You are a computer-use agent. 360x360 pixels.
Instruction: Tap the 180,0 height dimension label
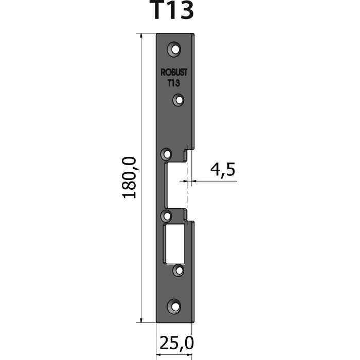(x=129, y=177)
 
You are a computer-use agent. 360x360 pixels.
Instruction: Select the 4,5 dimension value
(x=223, y=170)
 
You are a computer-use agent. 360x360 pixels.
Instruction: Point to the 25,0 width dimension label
(x=176, y=343)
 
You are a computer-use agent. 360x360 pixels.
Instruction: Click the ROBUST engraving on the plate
(x=174, y=73)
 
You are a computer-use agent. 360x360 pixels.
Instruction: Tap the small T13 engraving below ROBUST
(x=174, y=83)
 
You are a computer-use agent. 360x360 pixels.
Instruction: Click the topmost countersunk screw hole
(x=174, y=49)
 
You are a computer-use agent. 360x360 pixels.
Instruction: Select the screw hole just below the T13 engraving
(x=178, y=100)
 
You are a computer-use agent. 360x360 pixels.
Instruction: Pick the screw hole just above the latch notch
(x=167, y=154)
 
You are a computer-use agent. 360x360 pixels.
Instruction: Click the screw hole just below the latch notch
(x=167, y=216)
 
